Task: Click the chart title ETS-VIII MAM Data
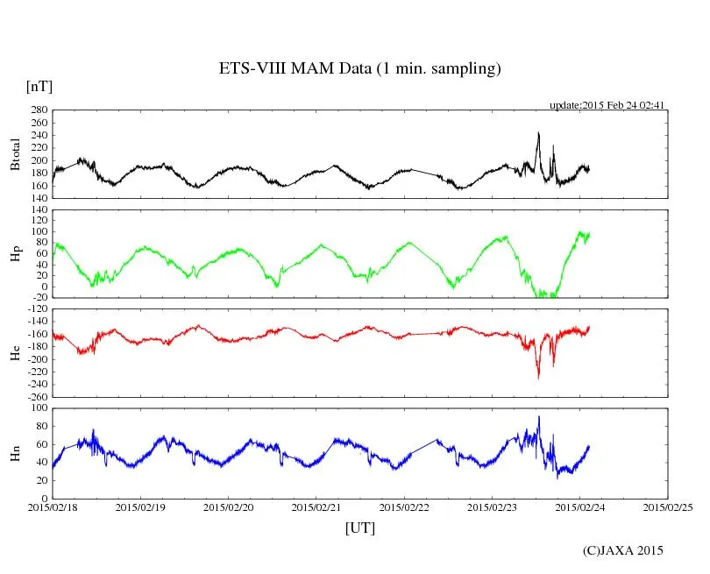tap(359, 69)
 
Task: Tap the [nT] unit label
tap(39, 87)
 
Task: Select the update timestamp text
tap(607, 105)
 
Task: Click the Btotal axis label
tap(15, 154)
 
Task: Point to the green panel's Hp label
tap(15, 254)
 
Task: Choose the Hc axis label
tap(15, 353)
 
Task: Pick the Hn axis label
tap(15, 453)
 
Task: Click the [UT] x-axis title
tap(359, 528)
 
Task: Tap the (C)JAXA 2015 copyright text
tap(623, 550)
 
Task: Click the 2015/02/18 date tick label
tap(53, 507)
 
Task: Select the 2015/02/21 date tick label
tap(316, 507)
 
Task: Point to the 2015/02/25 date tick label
tap(668, 507)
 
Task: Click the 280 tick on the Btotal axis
tap(39, 110)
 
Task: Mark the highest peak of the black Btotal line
tap(538, 133)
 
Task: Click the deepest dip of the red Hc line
tap(538, 377)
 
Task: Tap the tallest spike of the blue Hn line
tap(539, 417)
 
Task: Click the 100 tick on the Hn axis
tap(39, 408)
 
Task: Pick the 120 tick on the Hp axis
tap(39, 210)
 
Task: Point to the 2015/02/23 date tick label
tap(493, 507)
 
